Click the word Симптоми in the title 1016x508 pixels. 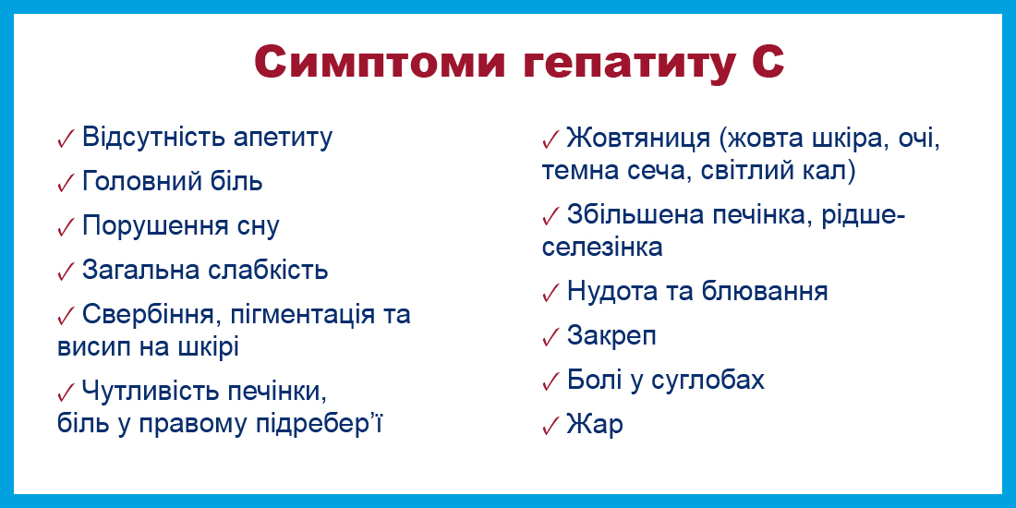[x=379, y=63]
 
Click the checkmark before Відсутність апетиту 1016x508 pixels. [x=67, y=139]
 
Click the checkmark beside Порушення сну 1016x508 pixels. [x=67, y=227]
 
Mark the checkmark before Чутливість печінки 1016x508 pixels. [x=67, y=392]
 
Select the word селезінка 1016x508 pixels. [x=602, y=248]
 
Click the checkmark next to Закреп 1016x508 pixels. [x=550, y=337]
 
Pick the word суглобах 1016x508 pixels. [x=708, y=381]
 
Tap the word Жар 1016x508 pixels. [x=595, y=425]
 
